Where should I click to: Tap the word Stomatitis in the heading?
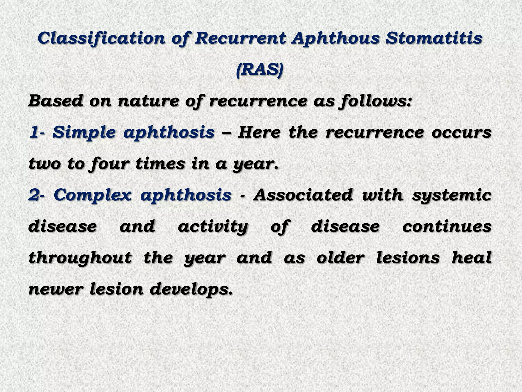434,38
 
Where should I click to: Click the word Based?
55,101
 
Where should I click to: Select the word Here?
259,132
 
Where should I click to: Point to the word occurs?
461,132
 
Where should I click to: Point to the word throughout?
80,258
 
